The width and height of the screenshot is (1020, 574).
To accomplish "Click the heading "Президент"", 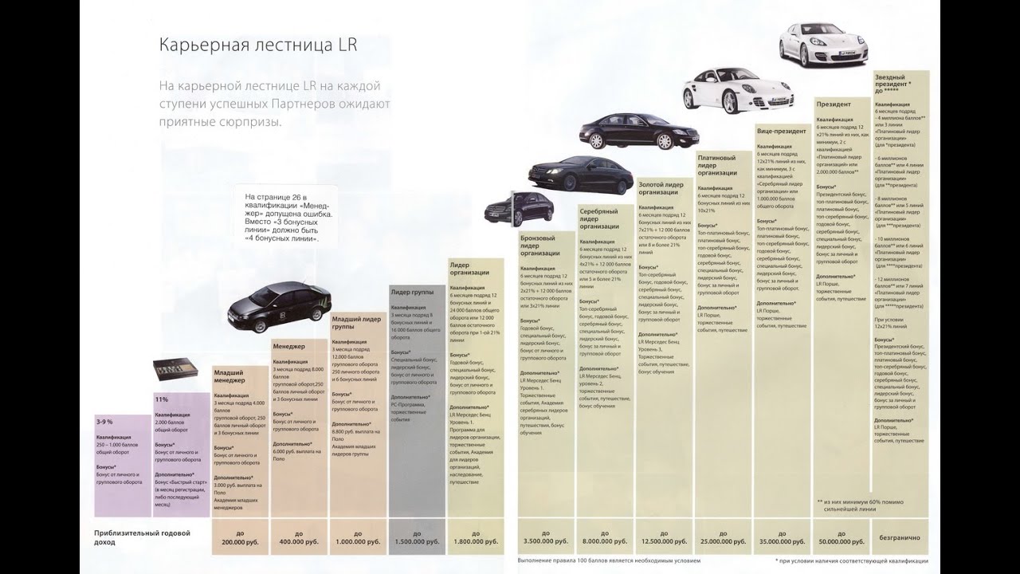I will (834, 104).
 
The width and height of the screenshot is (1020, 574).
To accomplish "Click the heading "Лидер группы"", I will (412, 293).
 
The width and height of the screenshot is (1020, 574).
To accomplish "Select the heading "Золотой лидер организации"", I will (661, 188).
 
